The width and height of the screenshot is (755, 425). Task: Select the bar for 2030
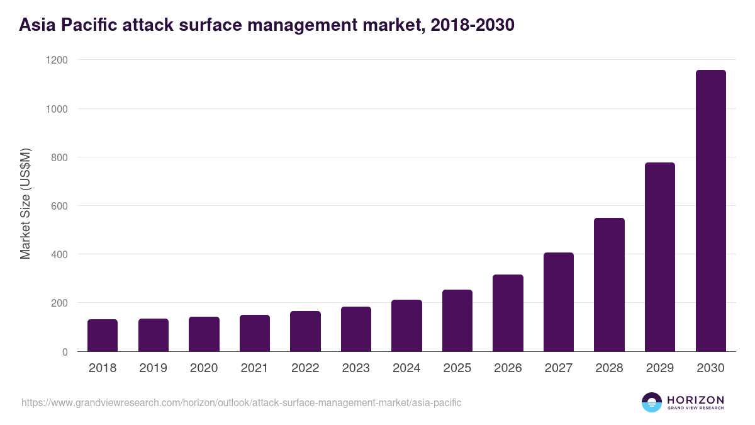[x=710, y=211]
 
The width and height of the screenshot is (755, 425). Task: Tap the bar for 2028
[x=609, y=285]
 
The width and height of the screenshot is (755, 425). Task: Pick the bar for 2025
[x=457, y=320]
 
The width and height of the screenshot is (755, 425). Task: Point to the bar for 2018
[x=103, y=336]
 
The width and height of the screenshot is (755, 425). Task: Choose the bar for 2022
[x=305, y=331]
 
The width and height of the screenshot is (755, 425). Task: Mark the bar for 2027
[x=559, y=302]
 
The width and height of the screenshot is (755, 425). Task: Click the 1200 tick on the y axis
[x=56, y=60]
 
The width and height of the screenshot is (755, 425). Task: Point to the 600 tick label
[x=59, y=206]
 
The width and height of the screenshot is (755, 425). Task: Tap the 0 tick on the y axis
[x=64, y=352]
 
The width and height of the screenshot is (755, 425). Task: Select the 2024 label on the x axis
[x=406, y=368]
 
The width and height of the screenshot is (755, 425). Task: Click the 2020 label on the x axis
[x=204, y=368]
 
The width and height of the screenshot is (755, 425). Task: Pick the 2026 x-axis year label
[x=508, y=368]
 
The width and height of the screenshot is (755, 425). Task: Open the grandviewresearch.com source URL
[x=242, y=402]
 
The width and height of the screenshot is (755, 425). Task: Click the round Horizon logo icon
[x=652, y=402]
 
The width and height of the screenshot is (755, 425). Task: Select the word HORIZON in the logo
[x=695, y=400]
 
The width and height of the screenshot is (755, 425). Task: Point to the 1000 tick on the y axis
[x=56, y=108]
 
